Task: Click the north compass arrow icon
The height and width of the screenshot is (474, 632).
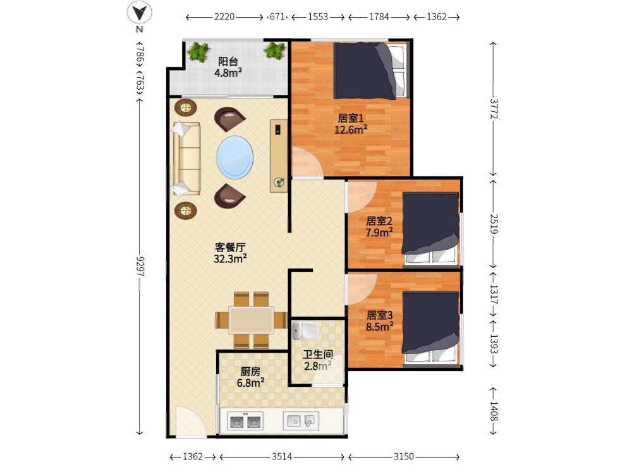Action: (x=140, y=13)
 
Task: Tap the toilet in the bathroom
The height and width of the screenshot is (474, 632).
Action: (x=305, y=331)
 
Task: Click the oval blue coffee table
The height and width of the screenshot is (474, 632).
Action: (x=235, y=157)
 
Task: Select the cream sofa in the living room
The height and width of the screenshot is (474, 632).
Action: (x=186, y=159)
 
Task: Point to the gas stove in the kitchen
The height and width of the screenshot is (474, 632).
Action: (x=245, y=421)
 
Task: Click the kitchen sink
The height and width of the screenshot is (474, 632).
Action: (x=301, y=421)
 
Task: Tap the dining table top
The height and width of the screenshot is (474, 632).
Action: (x=251, y=320)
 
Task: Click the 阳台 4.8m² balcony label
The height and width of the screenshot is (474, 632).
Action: (x=228, y=67)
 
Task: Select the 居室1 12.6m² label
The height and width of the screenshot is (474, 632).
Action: (x=351, y=124)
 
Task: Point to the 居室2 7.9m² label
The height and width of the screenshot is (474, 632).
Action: (x=379, y=226)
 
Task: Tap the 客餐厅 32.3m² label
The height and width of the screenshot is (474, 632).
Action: (x=230, y=253)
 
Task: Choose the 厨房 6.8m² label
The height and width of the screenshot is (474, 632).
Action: (x=250, y=377)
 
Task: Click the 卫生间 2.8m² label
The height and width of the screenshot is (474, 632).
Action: (x=318, y=360)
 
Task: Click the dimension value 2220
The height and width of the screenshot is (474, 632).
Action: (x=224, y=17)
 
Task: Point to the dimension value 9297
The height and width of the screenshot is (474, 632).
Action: (x=140, y=267)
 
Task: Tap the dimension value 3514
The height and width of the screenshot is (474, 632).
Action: (x=282, y=456)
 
